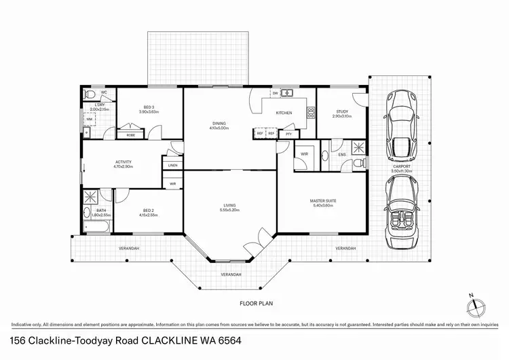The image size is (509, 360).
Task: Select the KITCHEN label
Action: (x=284, y=112)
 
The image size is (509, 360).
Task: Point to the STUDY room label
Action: (x=342, y=113)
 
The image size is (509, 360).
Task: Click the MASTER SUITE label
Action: (x=323, y=201)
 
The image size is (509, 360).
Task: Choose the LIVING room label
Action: (x=230, y=206)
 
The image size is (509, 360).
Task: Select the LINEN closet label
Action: (x=172, y=165)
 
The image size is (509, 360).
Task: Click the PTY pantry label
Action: (x=288, y=134)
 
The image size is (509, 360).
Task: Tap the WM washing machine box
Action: (x=89, y=120)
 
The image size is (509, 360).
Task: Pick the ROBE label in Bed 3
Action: (x=130, y=135)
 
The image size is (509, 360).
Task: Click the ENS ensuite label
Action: (x=342, y=155)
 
